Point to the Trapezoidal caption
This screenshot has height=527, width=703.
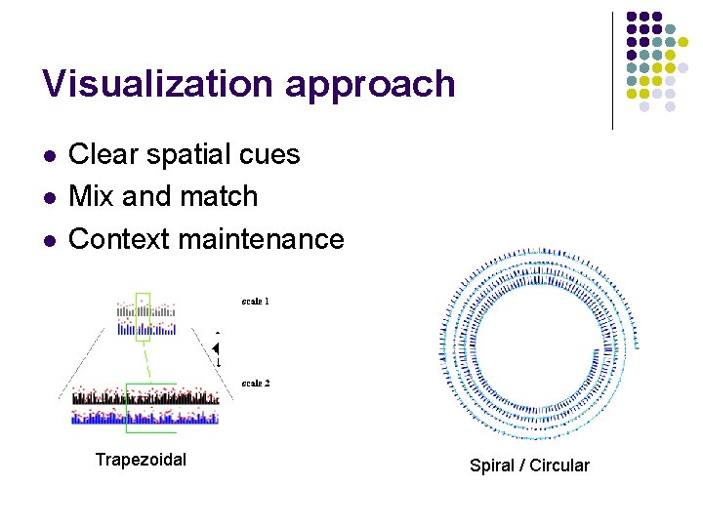tap(141, 460)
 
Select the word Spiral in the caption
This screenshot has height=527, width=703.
tap(491, 466)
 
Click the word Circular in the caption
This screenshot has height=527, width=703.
tap(559, 466)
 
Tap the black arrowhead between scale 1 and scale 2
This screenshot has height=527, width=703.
tap(217, 348)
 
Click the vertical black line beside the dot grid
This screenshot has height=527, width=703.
tap(613, 70)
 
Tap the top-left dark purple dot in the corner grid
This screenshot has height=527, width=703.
tap(632, 17)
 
